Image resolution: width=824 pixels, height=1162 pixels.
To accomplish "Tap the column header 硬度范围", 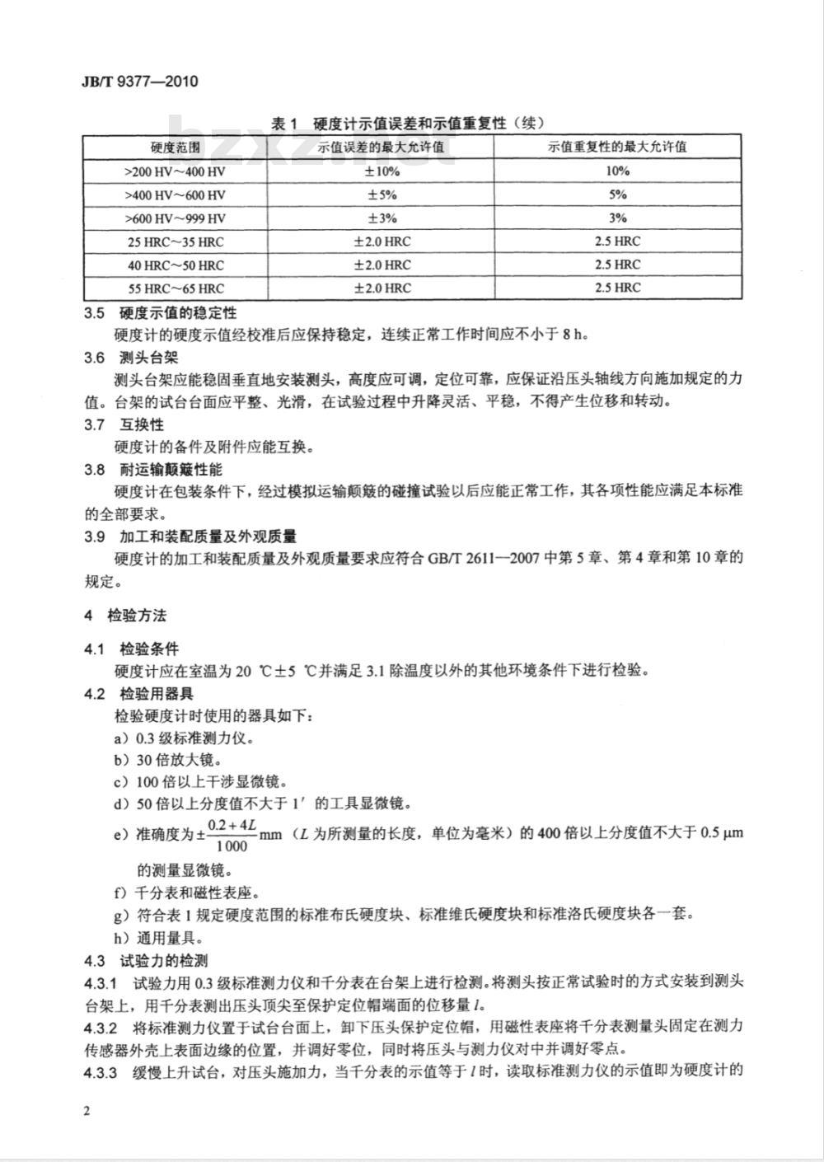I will pos(175,148).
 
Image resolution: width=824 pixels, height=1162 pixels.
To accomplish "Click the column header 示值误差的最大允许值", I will pos(382,148).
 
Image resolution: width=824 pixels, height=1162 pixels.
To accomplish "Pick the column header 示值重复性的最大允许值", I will pos(618,148).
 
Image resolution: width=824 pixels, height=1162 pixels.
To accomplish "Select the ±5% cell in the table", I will pos(382,195).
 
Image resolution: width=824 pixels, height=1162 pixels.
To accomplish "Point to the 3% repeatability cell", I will pos(618,218).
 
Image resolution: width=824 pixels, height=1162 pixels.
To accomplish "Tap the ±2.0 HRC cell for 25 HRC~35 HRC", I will pos(382,241).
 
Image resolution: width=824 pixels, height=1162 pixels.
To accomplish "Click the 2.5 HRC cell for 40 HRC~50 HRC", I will pos(618,265).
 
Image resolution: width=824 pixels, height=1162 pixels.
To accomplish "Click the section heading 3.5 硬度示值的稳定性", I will pos(161,313).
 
